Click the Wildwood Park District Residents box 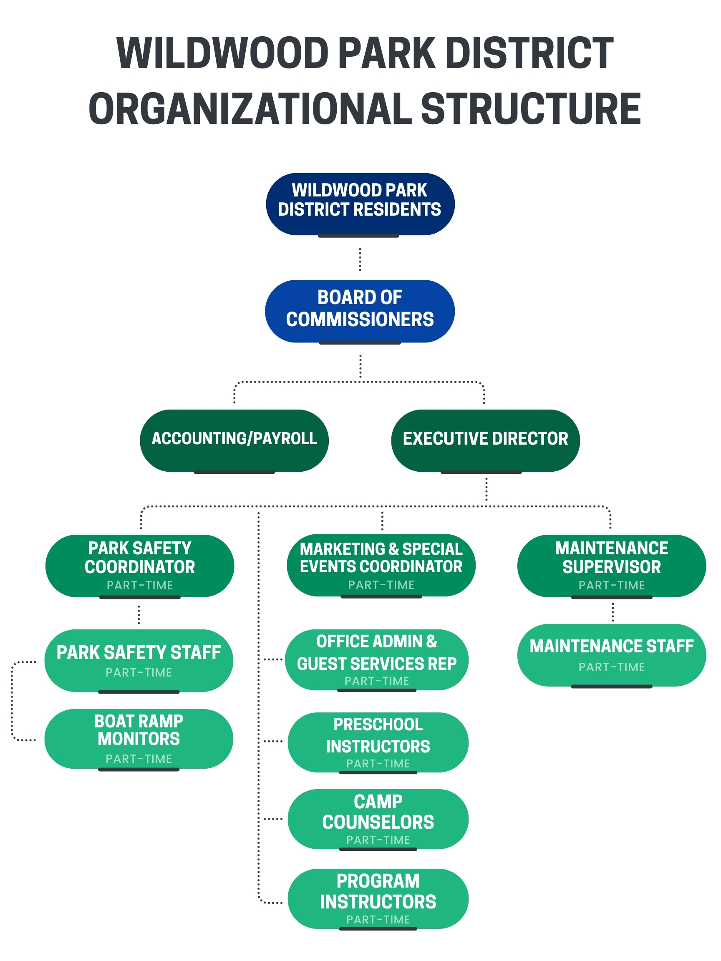[359, 204]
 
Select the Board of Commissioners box [359, 311]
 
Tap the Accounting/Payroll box [234, 440]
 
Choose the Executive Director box [485, 440]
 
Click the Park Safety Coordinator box [139, 565]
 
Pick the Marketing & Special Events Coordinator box [381, 565]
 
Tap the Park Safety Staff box [139, 660]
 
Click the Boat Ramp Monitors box [139, 739]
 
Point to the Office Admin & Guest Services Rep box [376, 659]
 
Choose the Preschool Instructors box [378, 742]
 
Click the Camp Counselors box [378, 818]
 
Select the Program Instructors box [378, 898]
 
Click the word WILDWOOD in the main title [222, 53]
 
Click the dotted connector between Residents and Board [360, 259]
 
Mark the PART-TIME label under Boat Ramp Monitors [139, 759]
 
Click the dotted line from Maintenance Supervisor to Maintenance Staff [613, 612]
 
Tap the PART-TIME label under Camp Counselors [378, 840]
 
